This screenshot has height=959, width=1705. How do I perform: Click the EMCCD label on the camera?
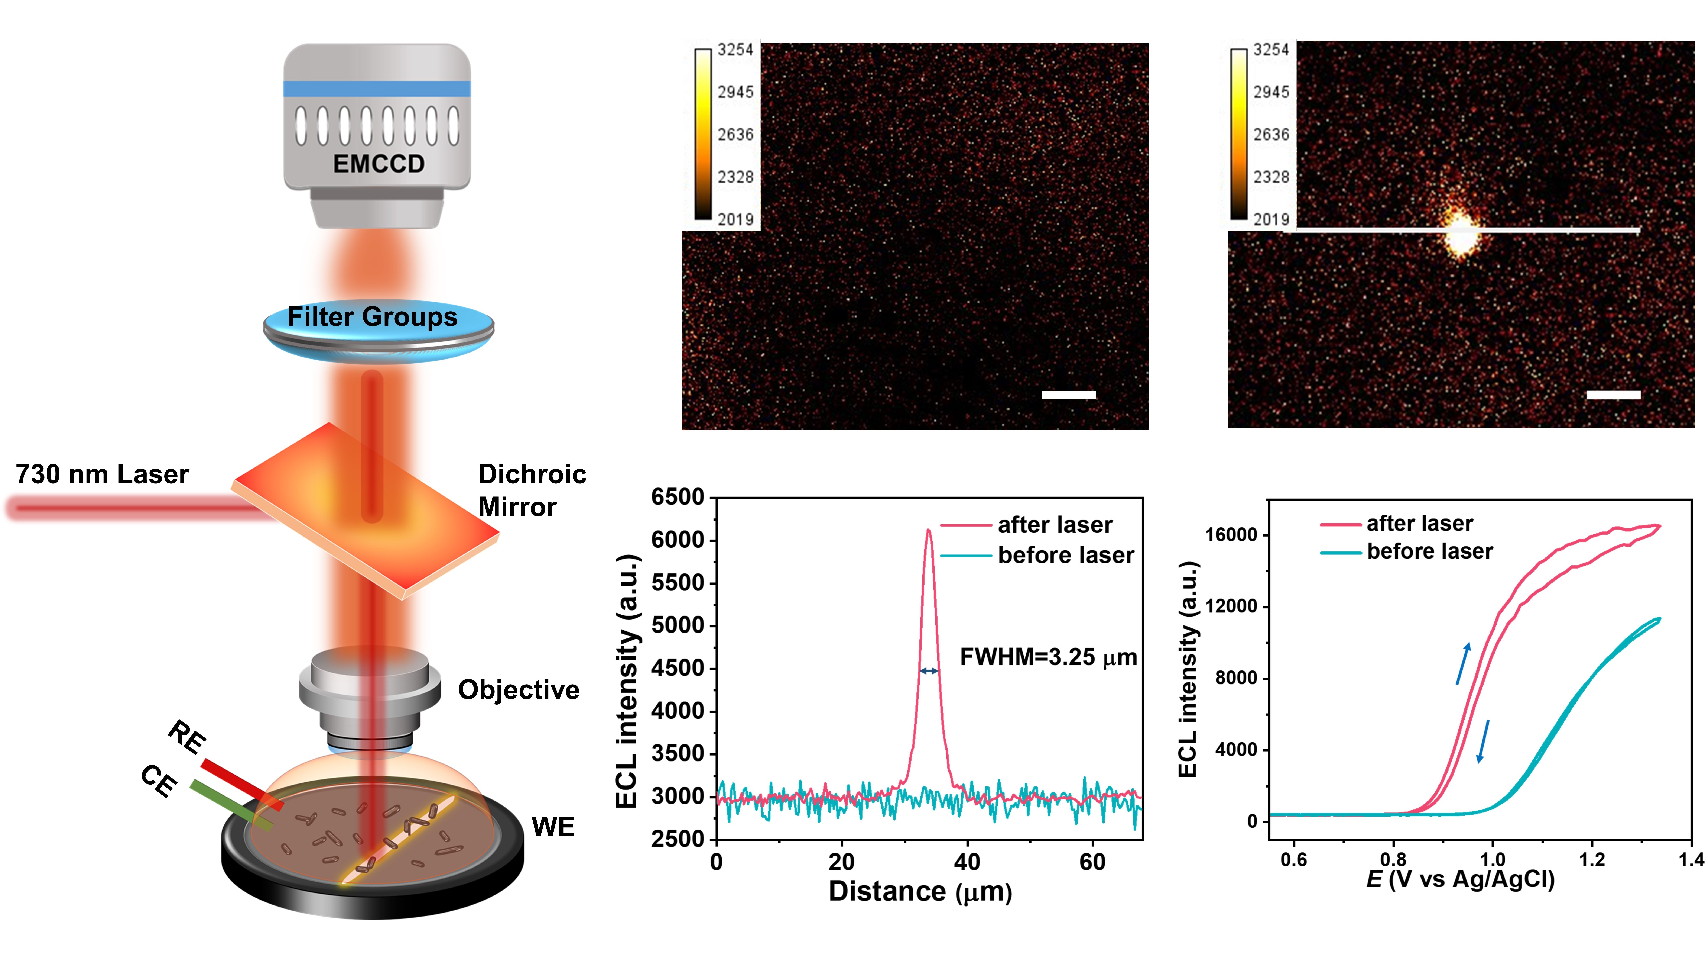(x=379, y=164)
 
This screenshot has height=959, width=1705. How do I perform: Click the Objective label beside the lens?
(x=518, y=689)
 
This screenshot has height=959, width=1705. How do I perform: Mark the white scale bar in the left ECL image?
(x=1068, y=395)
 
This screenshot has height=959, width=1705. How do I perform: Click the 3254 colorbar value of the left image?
(x=735, y=50)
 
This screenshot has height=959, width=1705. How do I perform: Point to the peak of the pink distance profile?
(x=929, y=530)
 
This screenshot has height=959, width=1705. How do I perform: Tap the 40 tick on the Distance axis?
(x=967, y=862)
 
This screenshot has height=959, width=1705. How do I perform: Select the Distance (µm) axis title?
(x=920, y=891)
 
